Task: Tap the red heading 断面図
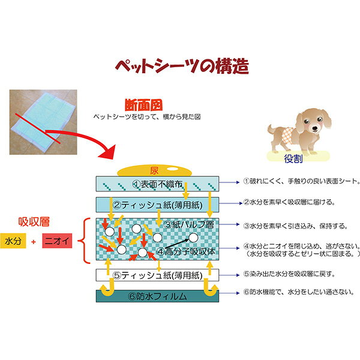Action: pos(144,105)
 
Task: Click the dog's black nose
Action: pos(315,129)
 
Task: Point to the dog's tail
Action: pos(272,130)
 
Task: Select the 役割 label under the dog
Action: pos(293,158)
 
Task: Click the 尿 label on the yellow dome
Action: pos(154,170)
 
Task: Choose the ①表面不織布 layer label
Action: pos(157,184)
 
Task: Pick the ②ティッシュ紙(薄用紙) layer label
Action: pos(158,205)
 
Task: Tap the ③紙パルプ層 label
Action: pos(189,225)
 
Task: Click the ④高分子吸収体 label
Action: pos(186,252)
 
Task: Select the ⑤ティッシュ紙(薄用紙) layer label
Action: pos(158,275)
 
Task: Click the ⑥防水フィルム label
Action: pos(157,296)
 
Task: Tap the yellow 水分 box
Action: pos(13,241)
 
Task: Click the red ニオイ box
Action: pos(57,241)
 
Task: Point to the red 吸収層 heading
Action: pos(34,222)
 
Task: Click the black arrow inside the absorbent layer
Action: pos(176,244)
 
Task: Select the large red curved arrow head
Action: pos(107,152)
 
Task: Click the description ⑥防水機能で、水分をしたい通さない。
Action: pos(299,292)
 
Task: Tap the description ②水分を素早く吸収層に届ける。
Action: pos(289,202)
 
